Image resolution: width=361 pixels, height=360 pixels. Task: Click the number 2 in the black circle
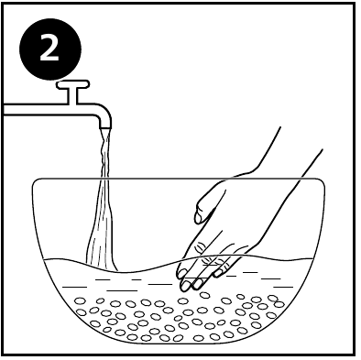pyautogui.click(x=51, y=50)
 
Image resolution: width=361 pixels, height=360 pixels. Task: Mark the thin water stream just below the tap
pyautogui.click(x=104, y=151)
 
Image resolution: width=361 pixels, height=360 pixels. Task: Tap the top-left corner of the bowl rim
pyautogui.click(x=34, y=182)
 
